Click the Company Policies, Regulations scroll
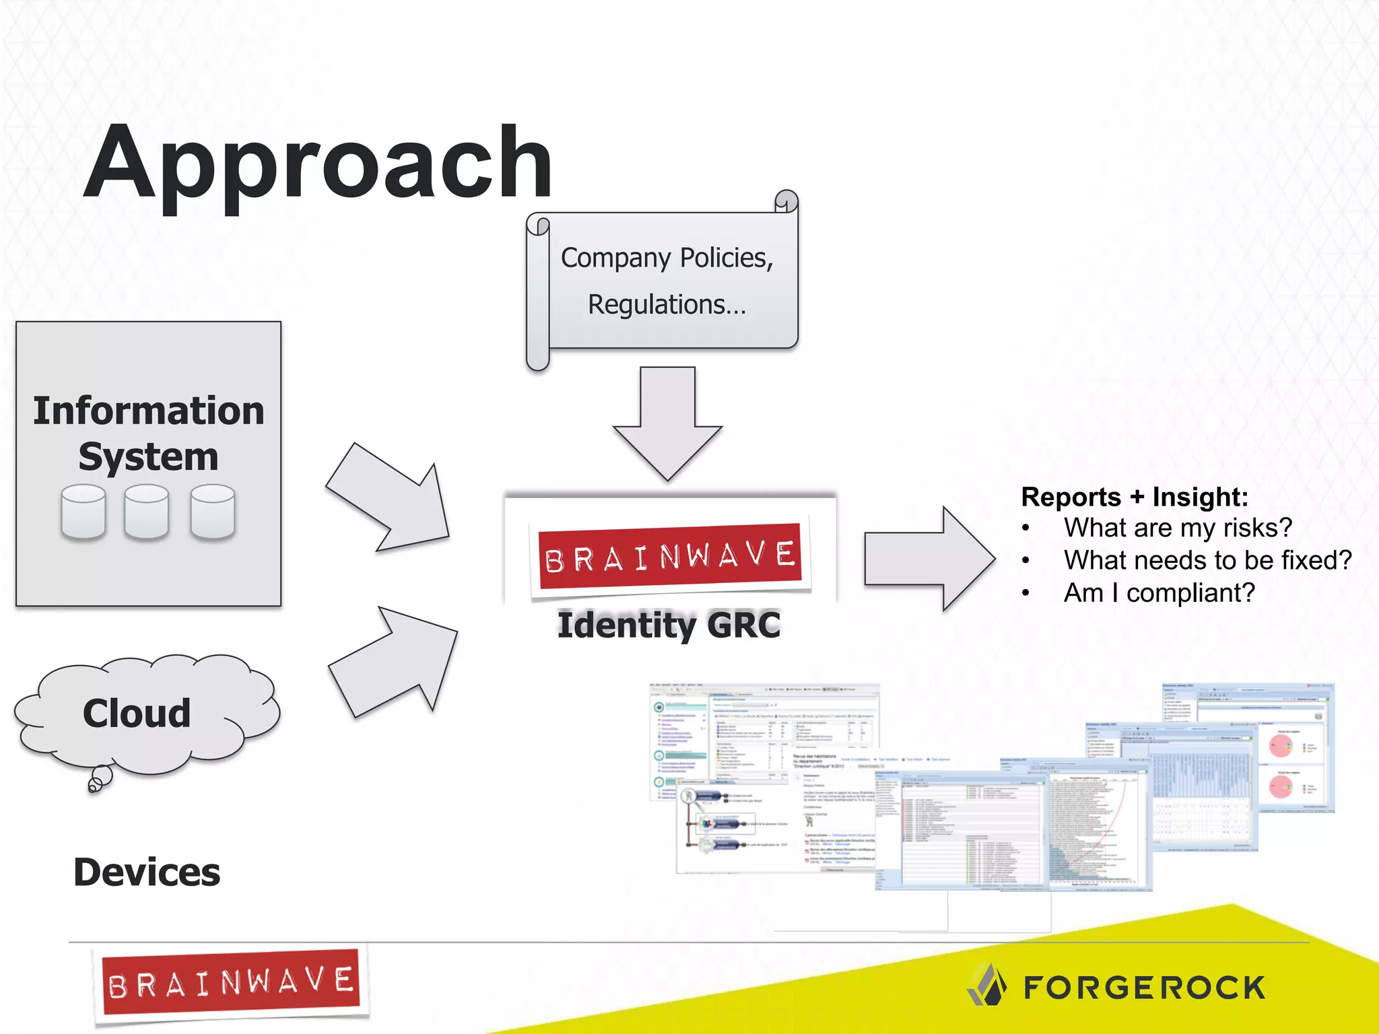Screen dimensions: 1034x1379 [667, 281]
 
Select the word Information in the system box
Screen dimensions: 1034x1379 [149, 411]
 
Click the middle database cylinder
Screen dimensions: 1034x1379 [146, 512]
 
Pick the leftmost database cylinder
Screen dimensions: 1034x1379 [83, 512]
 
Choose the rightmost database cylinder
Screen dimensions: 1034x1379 [212, 512]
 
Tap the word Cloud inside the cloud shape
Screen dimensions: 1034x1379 [137, 713]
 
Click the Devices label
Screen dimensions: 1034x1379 [147, 872]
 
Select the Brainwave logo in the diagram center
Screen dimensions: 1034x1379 [671, 556]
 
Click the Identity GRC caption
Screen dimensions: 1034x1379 [669, 625]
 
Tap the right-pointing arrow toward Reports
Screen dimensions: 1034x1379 [929, 559]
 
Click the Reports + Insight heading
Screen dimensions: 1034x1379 [1135, 497]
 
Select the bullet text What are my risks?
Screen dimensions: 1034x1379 [1178, 528]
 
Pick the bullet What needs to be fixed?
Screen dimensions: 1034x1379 [1207, 560]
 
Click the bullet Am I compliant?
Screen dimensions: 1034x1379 [1159, 593]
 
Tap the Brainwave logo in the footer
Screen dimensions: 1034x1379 [230, 983]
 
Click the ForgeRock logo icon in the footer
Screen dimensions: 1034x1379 [987, 985]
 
